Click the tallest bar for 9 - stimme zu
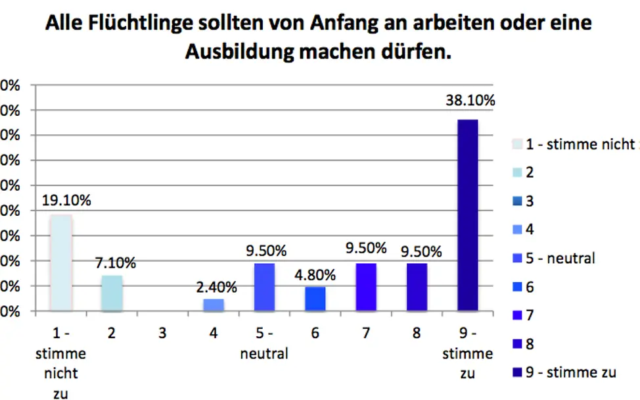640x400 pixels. pos(468,214)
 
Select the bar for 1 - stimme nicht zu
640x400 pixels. pos(60,262)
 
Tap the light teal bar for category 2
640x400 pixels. pos(112,293)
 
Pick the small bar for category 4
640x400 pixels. pos(214,305)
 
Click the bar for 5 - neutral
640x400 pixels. pos(264,287)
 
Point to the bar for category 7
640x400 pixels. pos(366,287)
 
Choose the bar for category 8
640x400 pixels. pos(417,287)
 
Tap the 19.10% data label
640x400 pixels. pos(66,199)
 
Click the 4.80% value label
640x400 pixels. pos(315,274)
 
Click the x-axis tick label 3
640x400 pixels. pos(162,334)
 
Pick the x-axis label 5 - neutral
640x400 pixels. pos(264,343)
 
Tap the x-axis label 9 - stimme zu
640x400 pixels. pos(467,353)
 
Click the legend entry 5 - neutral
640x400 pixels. pos(560,258)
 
